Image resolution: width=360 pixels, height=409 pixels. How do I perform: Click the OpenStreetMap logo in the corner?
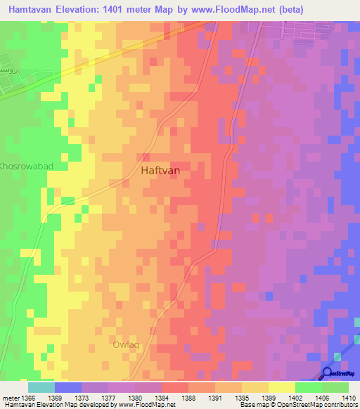(x=339, y=373)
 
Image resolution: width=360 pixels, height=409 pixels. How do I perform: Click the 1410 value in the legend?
(x=348, y=397)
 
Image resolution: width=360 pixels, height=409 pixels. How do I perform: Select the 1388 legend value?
(x=188, y=397)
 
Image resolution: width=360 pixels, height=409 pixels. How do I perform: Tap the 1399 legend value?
(x=269, y=397)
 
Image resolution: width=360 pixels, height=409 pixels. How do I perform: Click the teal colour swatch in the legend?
(x=41, y=387)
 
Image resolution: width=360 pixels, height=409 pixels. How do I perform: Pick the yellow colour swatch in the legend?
(x=282, y=387)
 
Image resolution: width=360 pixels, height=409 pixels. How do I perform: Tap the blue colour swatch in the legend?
(x=68, y=387)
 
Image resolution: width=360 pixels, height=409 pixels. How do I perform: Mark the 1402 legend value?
(x=295, y=397)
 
